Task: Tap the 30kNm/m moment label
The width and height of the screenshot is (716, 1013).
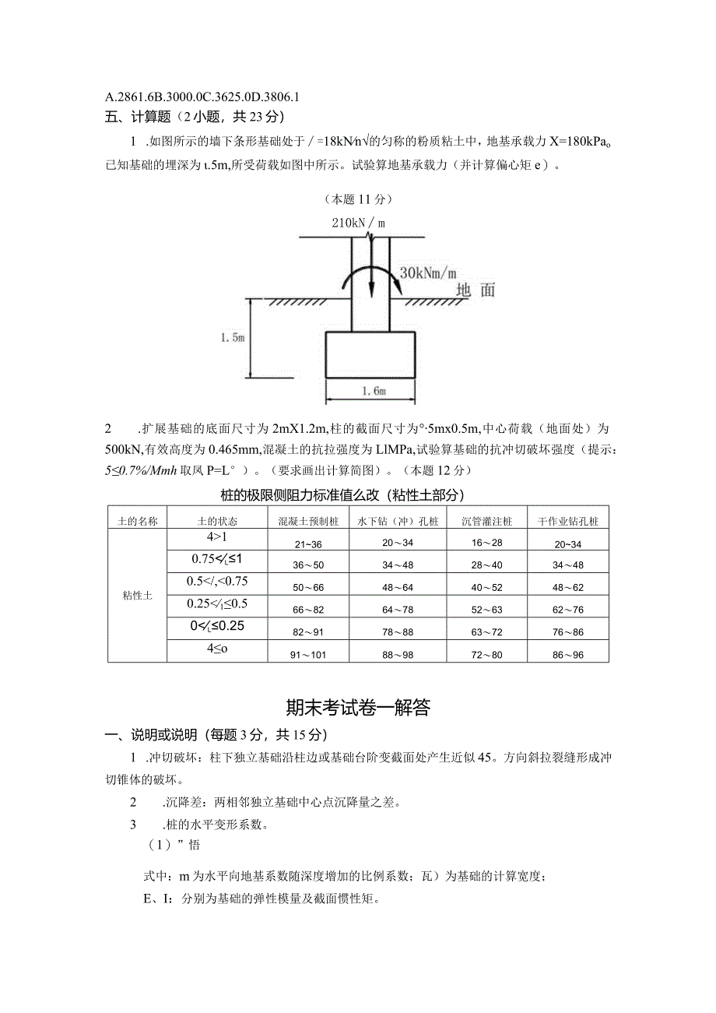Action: click(428, 273)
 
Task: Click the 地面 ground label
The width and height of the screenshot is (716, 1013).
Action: click(476, 290)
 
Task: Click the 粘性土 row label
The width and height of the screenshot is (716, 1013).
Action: click(137, 596)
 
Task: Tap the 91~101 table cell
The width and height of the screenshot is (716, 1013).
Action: click(307, 655)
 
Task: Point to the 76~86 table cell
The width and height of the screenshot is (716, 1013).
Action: click(567, 632)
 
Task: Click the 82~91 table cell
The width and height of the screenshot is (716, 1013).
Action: click(307, 632)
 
